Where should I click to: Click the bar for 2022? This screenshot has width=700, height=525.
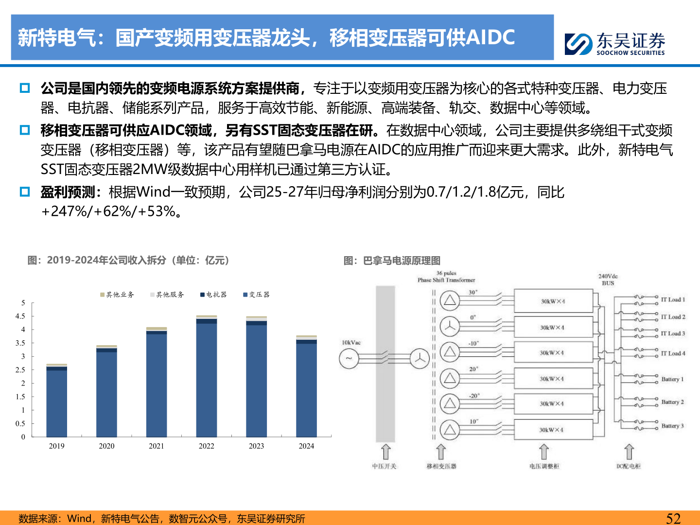point(207,377)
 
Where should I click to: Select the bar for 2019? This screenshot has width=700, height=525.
point(57,401)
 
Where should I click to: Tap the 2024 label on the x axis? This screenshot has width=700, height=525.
point(306,446)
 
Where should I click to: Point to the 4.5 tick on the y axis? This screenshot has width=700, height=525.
point(20,316)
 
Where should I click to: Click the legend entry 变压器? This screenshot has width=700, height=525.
point(256,295)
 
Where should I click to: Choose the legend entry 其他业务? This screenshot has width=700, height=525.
point(117,295)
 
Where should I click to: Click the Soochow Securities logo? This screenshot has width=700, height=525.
point(614,43)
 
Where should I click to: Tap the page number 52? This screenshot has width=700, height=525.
point(673,518)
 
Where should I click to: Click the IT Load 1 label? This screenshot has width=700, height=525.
point(673,299)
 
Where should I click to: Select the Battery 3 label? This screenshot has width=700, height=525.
point(672,426)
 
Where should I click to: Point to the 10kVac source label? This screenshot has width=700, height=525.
point(351,343)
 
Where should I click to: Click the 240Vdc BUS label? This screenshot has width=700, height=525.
point(608,280)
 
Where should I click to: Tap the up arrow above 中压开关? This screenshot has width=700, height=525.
point(385,452)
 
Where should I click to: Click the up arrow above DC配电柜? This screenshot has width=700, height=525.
point(629,452)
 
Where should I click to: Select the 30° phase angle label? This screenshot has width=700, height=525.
point(473,292)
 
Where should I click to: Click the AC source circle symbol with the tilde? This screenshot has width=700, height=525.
point(349,359)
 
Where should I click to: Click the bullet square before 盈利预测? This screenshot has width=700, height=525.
point(25,192)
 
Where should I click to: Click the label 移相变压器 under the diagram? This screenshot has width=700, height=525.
point(441,466)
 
